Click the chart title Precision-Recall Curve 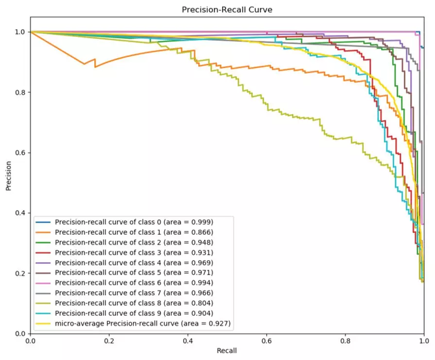[227, 10]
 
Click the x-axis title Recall [227, 350]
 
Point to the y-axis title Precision [8, 176]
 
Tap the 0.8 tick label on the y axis [20, 92]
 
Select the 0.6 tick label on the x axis [267, 341]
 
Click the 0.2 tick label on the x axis [109, 341]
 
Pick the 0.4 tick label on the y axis [20, 213]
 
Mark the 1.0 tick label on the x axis [424, 341]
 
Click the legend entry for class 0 [134, 222]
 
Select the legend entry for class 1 [134, 232]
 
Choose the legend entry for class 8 [134, 303]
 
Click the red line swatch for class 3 [43, 253]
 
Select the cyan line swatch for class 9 [43, 313]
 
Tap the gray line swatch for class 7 [43, 293]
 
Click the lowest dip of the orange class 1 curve [95, 67]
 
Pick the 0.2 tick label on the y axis [20, 273]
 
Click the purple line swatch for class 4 [43, 263]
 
